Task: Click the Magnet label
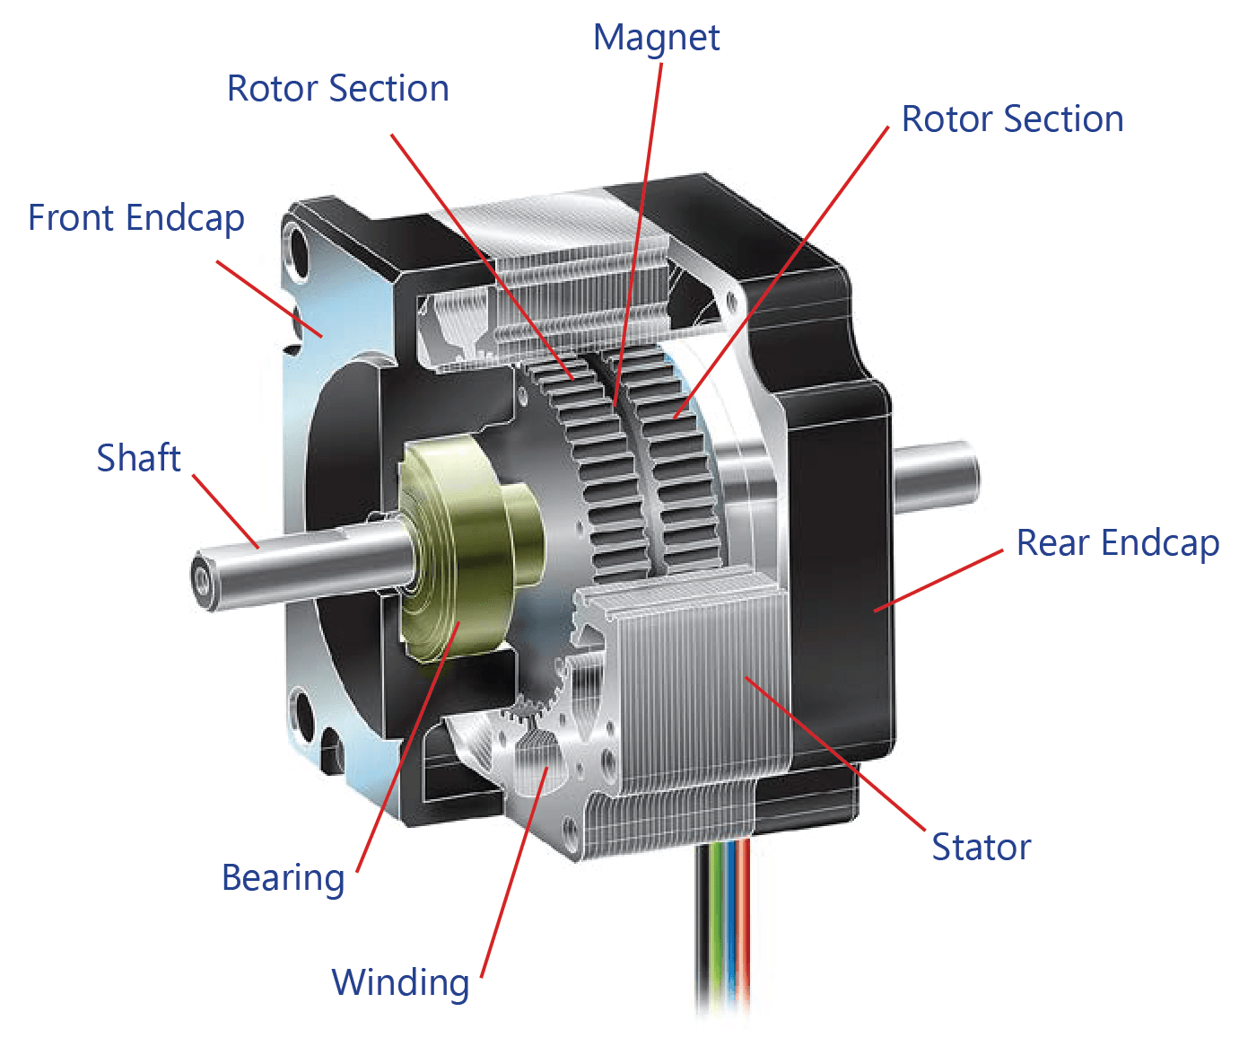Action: point(656,38)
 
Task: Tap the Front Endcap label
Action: point(136,218)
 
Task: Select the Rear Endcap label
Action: point(1117,543)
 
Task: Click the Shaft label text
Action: point(138,458)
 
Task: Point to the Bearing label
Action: point(283,878)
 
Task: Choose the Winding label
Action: point(400,982)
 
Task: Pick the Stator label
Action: point(981,848)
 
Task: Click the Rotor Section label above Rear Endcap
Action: point(1012,119)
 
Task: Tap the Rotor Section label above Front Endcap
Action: point(337,89)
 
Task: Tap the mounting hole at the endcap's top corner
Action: point(297,247)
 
